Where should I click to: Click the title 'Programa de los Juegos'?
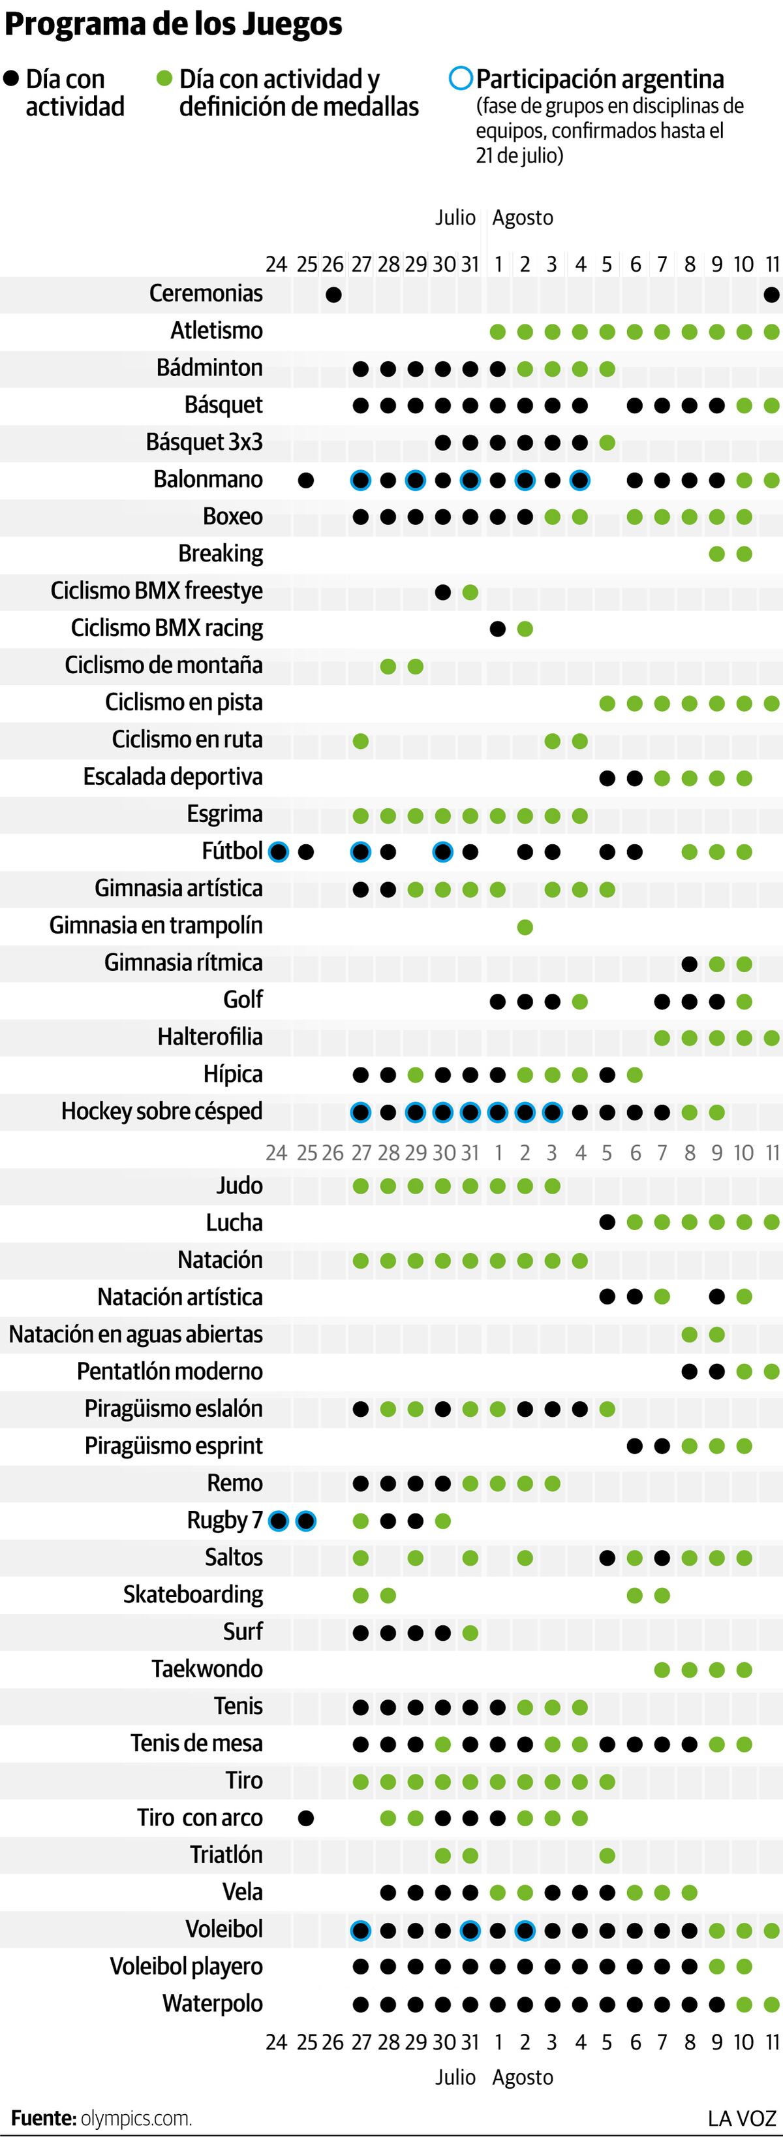[174, 25]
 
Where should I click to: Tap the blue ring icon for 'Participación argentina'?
[461, 79]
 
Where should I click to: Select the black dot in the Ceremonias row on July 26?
[333, 294]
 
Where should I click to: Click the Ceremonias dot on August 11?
[771, 294]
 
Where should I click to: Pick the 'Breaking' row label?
[221, 553]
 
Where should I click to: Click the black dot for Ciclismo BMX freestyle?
[443, 592]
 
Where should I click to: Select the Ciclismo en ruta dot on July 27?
[361, 741]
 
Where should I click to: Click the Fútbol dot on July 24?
[279, 852]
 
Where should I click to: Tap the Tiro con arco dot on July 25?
[306, 1818]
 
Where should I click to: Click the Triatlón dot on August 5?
[607, 1856]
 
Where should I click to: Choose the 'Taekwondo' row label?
[207, 1668]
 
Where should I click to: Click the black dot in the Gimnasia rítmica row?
[689, 964]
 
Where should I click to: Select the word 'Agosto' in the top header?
[523, 218]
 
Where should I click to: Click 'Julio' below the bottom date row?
[455, 2078]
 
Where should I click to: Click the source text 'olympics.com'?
[136, 2119]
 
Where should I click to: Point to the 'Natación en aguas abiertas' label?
[136, 1334]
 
